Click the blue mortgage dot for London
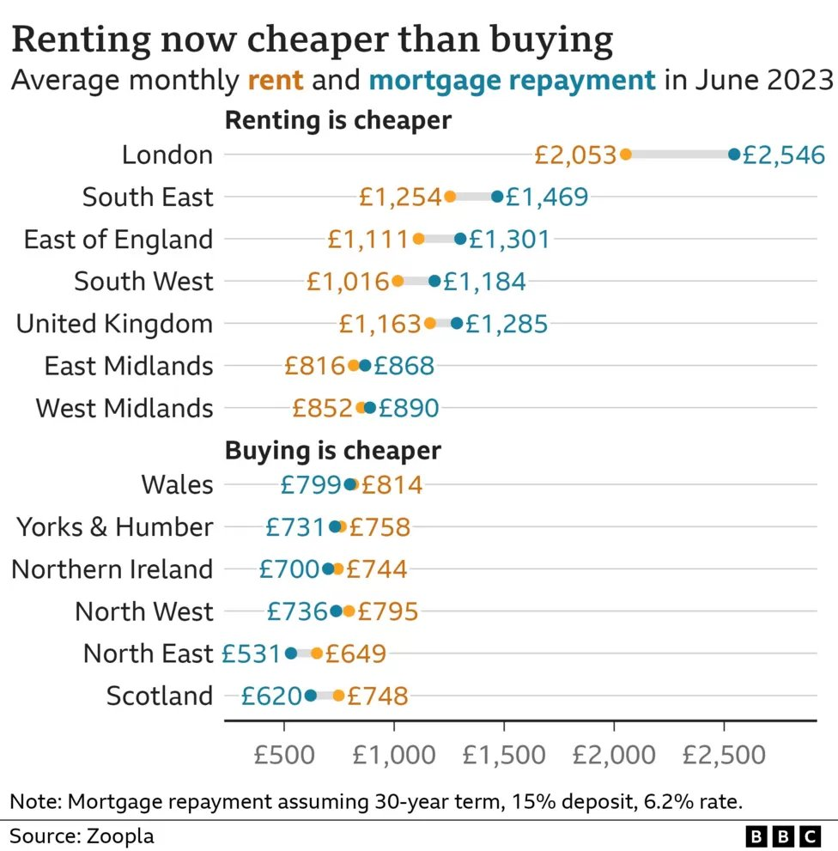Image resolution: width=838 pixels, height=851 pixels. (x=734, y=154)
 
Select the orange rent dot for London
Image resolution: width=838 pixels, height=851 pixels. (x=625, y=154)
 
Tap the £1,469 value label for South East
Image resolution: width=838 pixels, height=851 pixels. (x=547, y=197)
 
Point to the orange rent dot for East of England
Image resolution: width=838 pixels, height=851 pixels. (x=418, y=239)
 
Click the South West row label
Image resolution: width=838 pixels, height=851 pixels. (x=144, y=281)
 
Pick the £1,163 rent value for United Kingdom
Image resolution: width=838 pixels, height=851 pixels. (x=380, y=324)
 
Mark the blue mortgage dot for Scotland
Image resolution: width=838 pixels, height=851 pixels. (x=311, y=696)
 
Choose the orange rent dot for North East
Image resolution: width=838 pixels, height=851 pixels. (x=317, y=653)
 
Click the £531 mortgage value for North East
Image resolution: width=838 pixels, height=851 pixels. (x=251, y=653)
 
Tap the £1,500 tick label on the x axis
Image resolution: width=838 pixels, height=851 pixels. (x=504, y=755)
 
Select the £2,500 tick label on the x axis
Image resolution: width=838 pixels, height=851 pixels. (x=724, y=755)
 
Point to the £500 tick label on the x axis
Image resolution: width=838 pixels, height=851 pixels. (x=284, y=755)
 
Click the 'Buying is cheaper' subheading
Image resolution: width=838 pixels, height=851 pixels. (x=332, y=451)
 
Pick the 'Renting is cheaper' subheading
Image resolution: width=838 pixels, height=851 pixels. (x=338, y=120)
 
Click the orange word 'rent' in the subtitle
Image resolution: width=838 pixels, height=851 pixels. (x=275, y=81)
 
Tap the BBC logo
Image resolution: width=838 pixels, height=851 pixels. (x=783, y=836)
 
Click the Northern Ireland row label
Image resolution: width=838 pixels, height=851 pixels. (x=112, y=569)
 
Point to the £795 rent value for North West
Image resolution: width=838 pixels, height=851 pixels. (x=388, y=611)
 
